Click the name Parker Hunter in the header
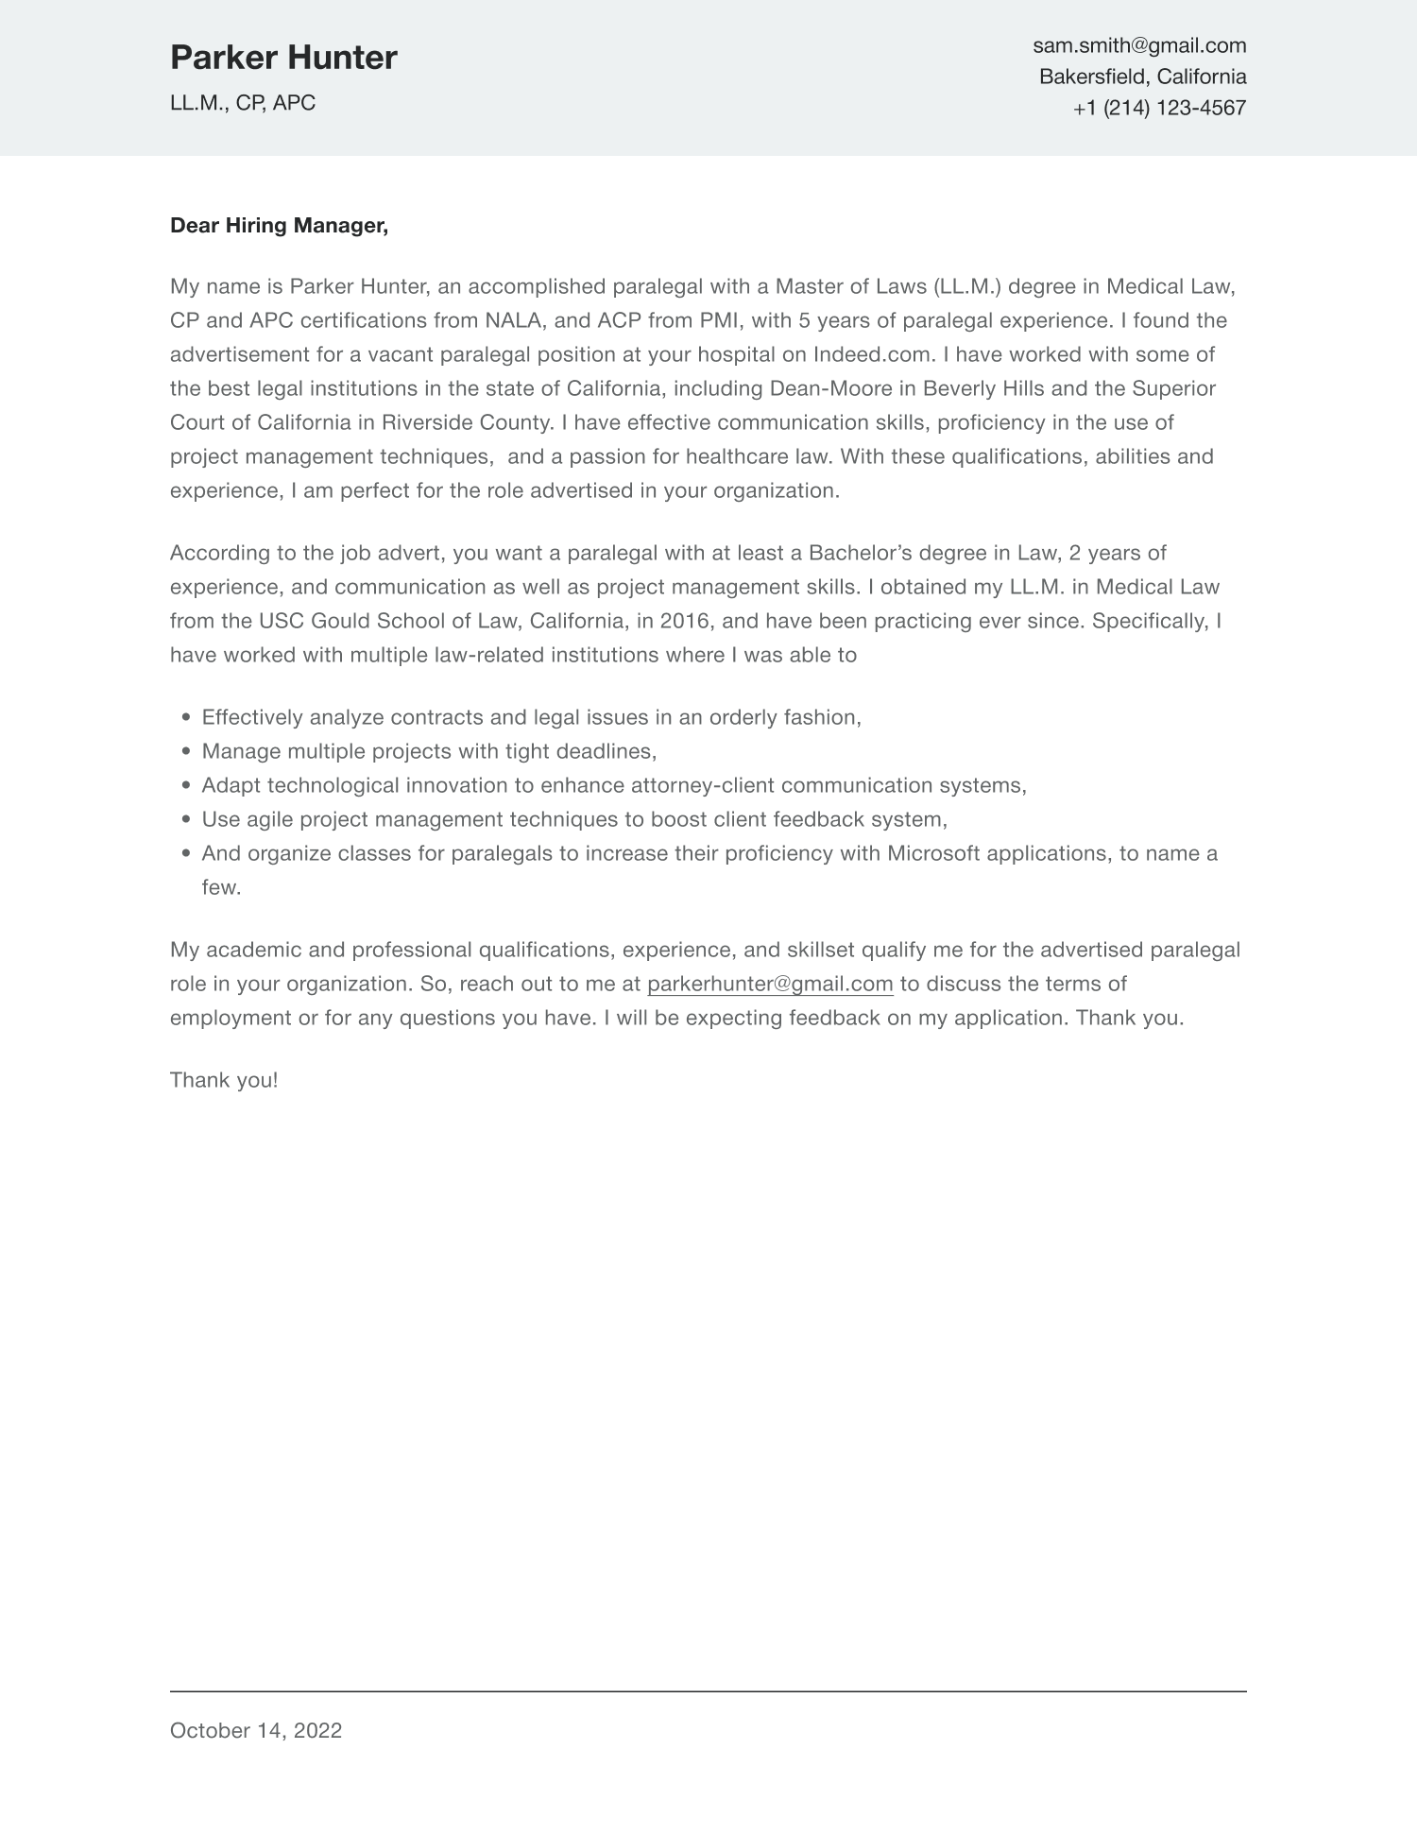coord(283,59)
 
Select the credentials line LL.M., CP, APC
coord(243,103)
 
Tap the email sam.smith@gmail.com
coord(1139,45)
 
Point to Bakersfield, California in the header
coord(1142,77)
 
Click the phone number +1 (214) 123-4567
coord(1159,108)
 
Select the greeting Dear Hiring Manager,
coord(279,226)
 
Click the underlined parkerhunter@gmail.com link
coord(770,984)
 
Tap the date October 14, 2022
coord(256,1730)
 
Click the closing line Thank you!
coord(224,1080)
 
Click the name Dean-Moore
coord(831,388)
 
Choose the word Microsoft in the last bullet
coord(933,853)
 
